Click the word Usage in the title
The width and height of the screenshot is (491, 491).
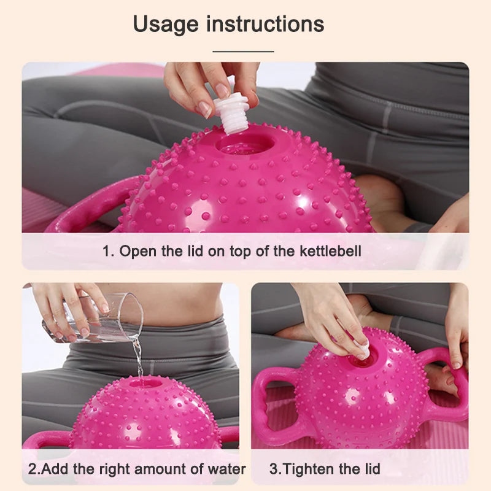(x=166, y=25)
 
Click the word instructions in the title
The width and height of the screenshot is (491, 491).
(x=265, y=24)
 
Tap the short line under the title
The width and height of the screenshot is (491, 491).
(x=243, y=52)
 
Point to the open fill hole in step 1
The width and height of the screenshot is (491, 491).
(x=245, y=145)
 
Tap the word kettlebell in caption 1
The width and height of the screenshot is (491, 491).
(x=330, y=251)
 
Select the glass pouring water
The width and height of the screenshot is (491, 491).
(x=93, y=317)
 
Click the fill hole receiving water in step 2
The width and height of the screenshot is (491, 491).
(x=145, y=383)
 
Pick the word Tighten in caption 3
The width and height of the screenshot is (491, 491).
(x=309, y=470)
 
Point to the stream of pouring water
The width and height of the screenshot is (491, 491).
(x=137, y=357)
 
